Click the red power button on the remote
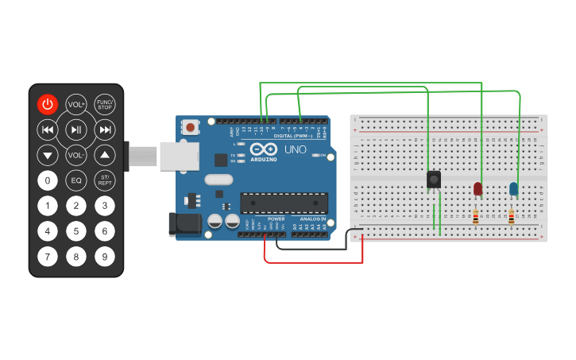(x=48, y=104)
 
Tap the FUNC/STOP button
(x=104, y=104)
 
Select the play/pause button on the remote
(x=76, y=130)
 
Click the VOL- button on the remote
(x=76, y=155)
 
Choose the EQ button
(x=76, y=180)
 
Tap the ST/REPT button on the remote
(x=104, y=180)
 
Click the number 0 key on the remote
(x=48, y=180)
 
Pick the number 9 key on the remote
(x=104, y=257)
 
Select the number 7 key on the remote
(x=48, y=257)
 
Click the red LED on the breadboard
(x=477, y=188)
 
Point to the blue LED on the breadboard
(x=513, y=188)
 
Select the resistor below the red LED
(x=476, y=216)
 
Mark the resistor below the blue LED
(x=511, y=216)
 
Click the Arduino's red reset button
(x=191, y=126)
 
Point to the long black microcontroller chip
(x=284, y=203)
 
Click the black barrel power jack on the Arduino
(x=185, y=224)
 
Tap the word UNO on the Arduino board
(x=295, y=149)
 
